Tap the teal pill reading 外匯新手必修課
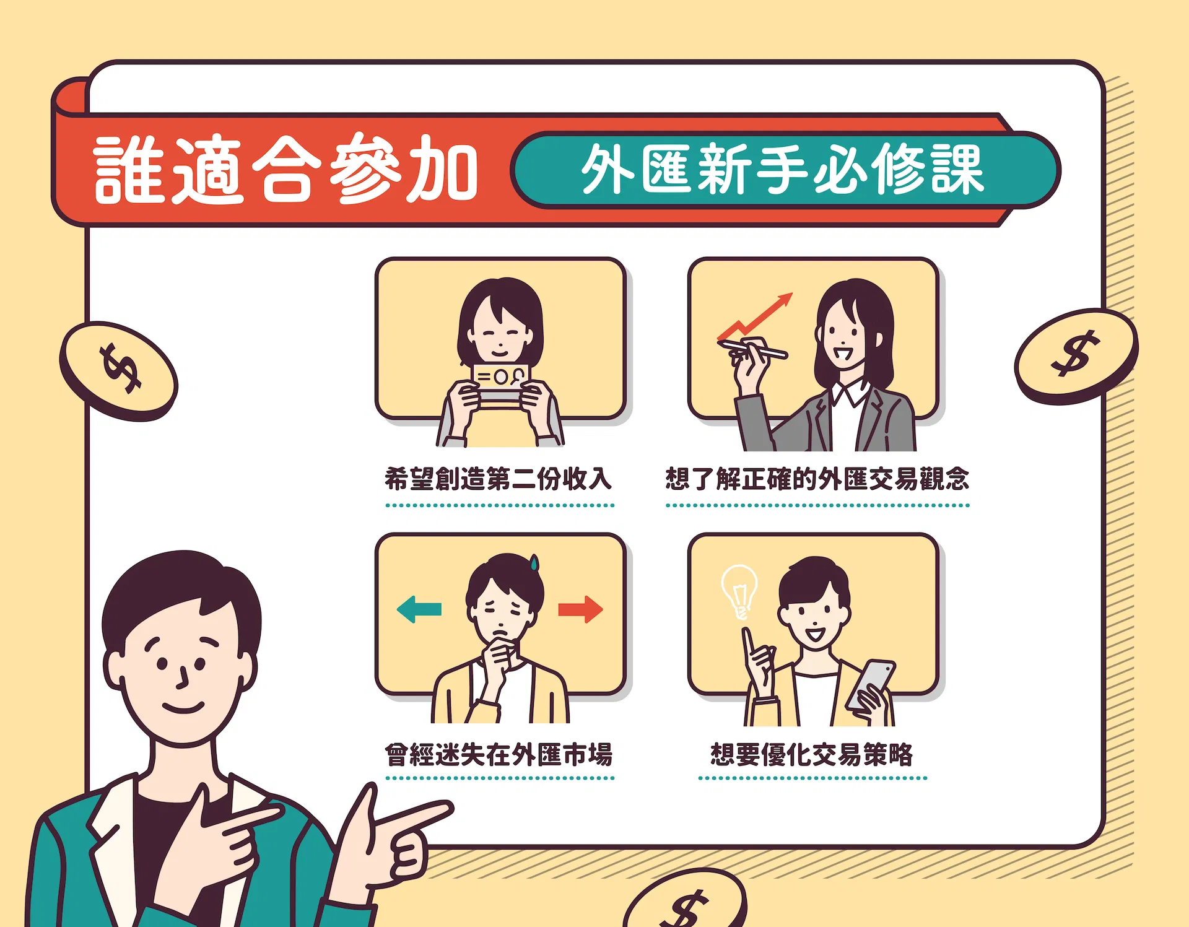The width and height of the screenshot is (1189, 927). [x=785, y=170]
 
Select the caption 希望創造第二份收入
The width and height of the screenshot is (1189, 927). [x=498, y=479]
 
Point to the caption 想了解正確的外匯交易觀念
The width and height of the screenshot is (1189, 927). [x=817, y=479]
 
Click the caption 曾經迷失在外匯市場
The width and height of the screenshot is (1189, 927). [x=498, y=754]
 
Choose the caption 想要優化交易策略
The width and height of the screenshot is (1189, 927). [x=812, y=754]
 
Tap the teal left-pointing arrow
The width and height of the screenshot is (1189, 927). [x=419, y=609]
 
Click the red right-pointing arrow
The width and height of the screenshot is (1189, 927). [x=580, y=609]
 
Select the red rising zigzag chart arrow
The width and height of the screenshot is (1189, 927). [x=755, y=317]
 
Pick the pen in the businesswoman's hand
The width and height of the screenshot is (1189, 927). [x=752, y=349]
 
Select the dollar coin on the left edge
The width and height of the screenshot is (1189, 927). [x=119, y=371]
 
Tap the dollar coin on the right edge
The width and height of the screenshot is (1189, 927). [x=1076, y=356]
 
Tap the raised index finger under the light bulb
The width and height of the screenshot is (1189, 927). [x=749, y=644]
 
